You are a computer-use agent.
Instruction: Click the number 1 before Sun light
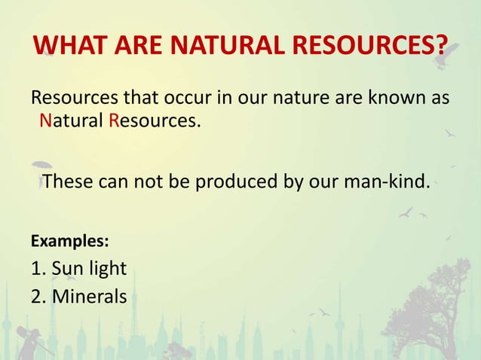coord(35,269)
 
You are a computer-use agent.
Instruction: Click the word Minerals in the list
coord(89,296)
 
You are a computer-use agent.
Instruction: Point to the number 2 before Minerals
coord(36,296)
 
